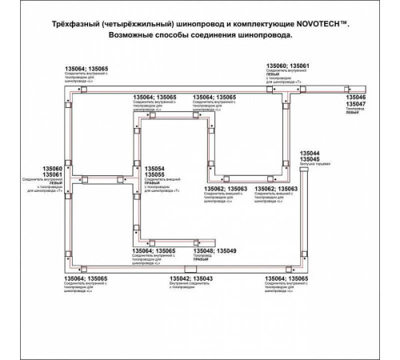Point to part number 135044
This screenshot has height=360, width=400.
click(309, 153)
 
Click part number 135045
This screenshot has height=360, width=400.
click(309, 159)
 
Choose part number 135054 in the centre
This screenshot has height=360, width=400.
click(155, 169)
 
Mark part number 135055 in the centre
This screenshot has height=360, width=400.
click(155, 175)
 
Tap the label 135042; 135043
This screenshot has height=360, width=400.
click(191, 278)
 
